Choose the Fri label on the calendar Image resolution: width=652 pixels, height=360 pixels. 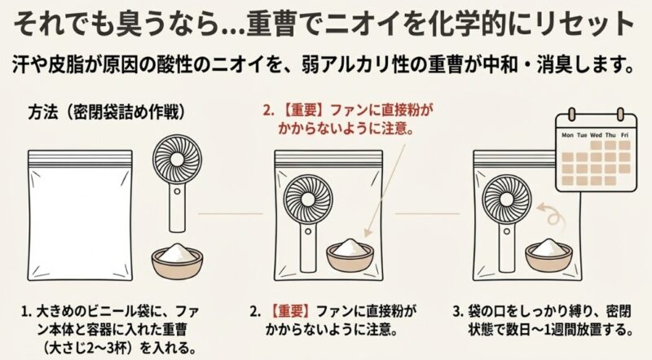tap(625, 134)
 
